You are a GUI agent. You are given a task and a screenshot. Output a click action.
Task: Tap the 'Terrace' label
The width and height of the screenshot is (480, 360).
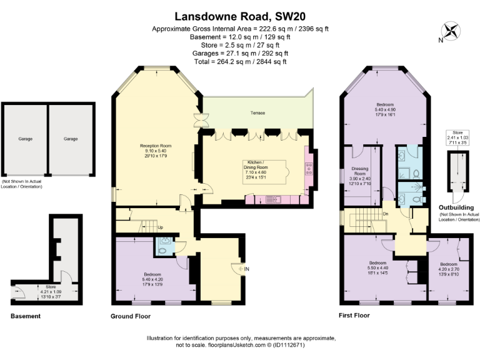tap(257, 113)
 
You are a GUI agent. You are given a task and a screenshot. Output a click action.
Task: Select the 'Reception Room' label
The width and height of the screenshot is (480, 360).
tap(156, 146)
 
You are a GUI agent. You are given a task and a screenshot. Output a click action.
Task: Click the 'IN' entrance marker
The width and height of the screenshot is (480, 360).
tap(247, 269)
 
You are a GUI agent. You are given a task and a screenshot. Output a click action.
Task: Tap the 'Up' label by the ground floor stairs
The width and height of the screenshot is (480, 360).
tap(160, 227)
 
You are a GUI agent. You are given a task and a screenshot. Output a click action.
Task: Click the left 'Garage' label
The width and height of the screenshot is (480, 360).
tap(25, 139)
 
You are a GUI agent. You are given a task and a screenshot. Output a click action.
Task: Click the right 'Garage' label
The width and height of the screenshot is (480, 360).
tap(71, 139)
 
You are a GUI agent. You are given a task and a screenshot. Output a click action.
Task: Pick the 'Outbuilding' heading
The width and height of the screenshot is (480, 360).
tap(456, 207)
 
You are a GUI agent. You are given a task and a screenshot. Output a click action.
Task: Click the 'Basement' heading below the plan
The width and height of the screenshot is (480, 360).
tap(26, 316)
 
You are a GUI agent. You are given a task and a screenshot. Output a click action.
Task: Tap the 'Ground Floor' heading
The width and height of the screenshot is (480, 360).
tap(130, 316)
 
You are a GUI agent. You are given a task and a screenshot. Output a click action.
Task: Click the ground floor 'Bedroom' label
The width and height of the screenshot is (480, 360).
tap(152, 274)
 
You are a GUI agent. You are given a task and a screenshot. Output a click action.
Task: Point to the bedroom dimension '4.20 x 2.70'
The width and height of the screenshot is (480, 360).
tap(447, 269)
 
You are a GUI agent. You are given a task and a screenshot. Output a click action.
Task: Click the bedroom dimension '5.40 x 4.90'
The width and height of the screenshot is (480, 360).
tap(385, 109)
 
